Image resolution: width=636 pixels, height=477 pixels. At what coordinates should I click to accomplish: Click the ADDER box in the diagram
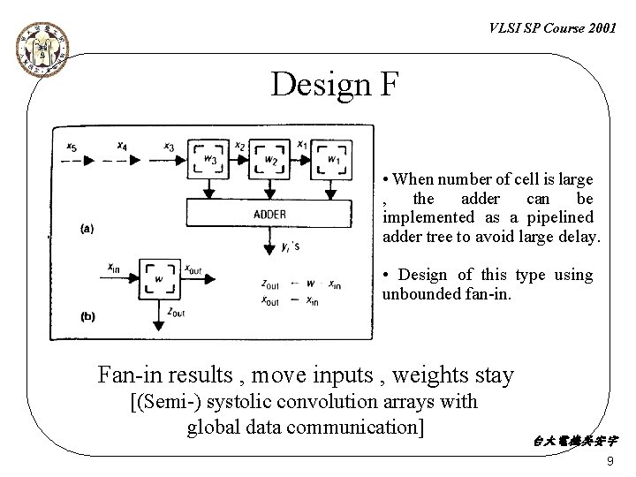269,213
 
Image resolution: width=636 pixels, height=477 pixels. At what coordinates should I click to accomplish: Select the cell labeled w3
208,159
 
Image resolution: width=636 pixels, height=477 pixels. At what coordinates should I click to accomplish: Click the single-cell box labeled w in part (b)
160,280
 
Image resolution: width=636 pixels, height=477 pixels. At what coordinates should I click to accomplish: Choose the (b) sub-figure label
87,315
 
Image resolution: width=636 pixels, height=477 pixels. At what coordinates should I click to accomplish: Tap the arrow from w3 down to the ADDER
208,188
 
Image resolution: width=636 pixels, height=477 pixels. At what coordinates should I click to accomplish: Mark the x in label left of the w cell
113,269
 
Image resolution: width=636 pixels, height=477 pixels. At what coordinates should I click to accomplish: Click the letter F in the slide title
389,85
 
